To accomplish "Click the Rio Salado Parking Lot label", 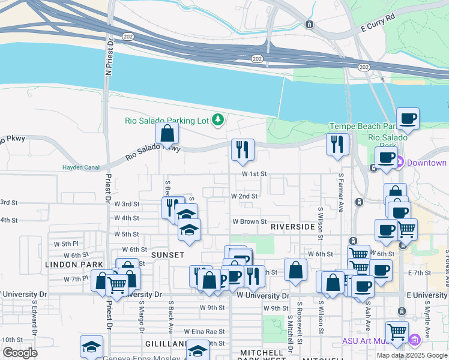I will coord(166,121).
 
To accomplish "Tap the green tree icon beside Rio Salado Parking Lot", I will coord(218,121).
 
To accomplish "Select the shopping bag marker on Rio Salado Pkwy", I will coord(167,133).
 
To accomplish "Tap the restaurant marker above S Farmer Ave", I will coord(337,144).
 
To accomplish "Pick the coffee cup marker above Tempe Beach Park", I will coord(408,118).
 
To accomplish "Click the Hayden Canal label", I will coord(80,167).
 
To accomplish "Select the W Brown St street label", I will coord(250,221).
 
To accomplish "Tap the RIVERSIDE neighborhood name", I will coord(292,227).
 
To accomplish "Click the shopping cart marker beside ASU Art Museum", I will coord(397,332).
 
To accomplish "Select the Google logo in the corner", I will coord(20,353).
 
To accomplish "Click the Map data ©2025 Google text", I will coord(411,355).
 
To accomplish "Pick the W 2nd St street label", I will coord(244,196).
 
